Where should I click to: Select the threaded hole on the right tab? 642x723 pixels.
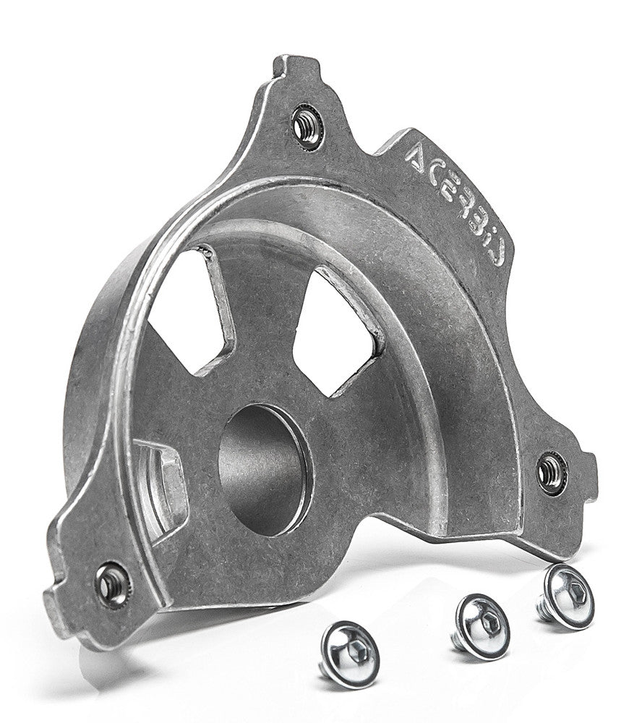pyautogui.click(x=552, y=473)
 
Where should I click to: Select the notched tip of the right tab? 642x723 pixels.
pyautogui.click(x=590, y=477)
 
